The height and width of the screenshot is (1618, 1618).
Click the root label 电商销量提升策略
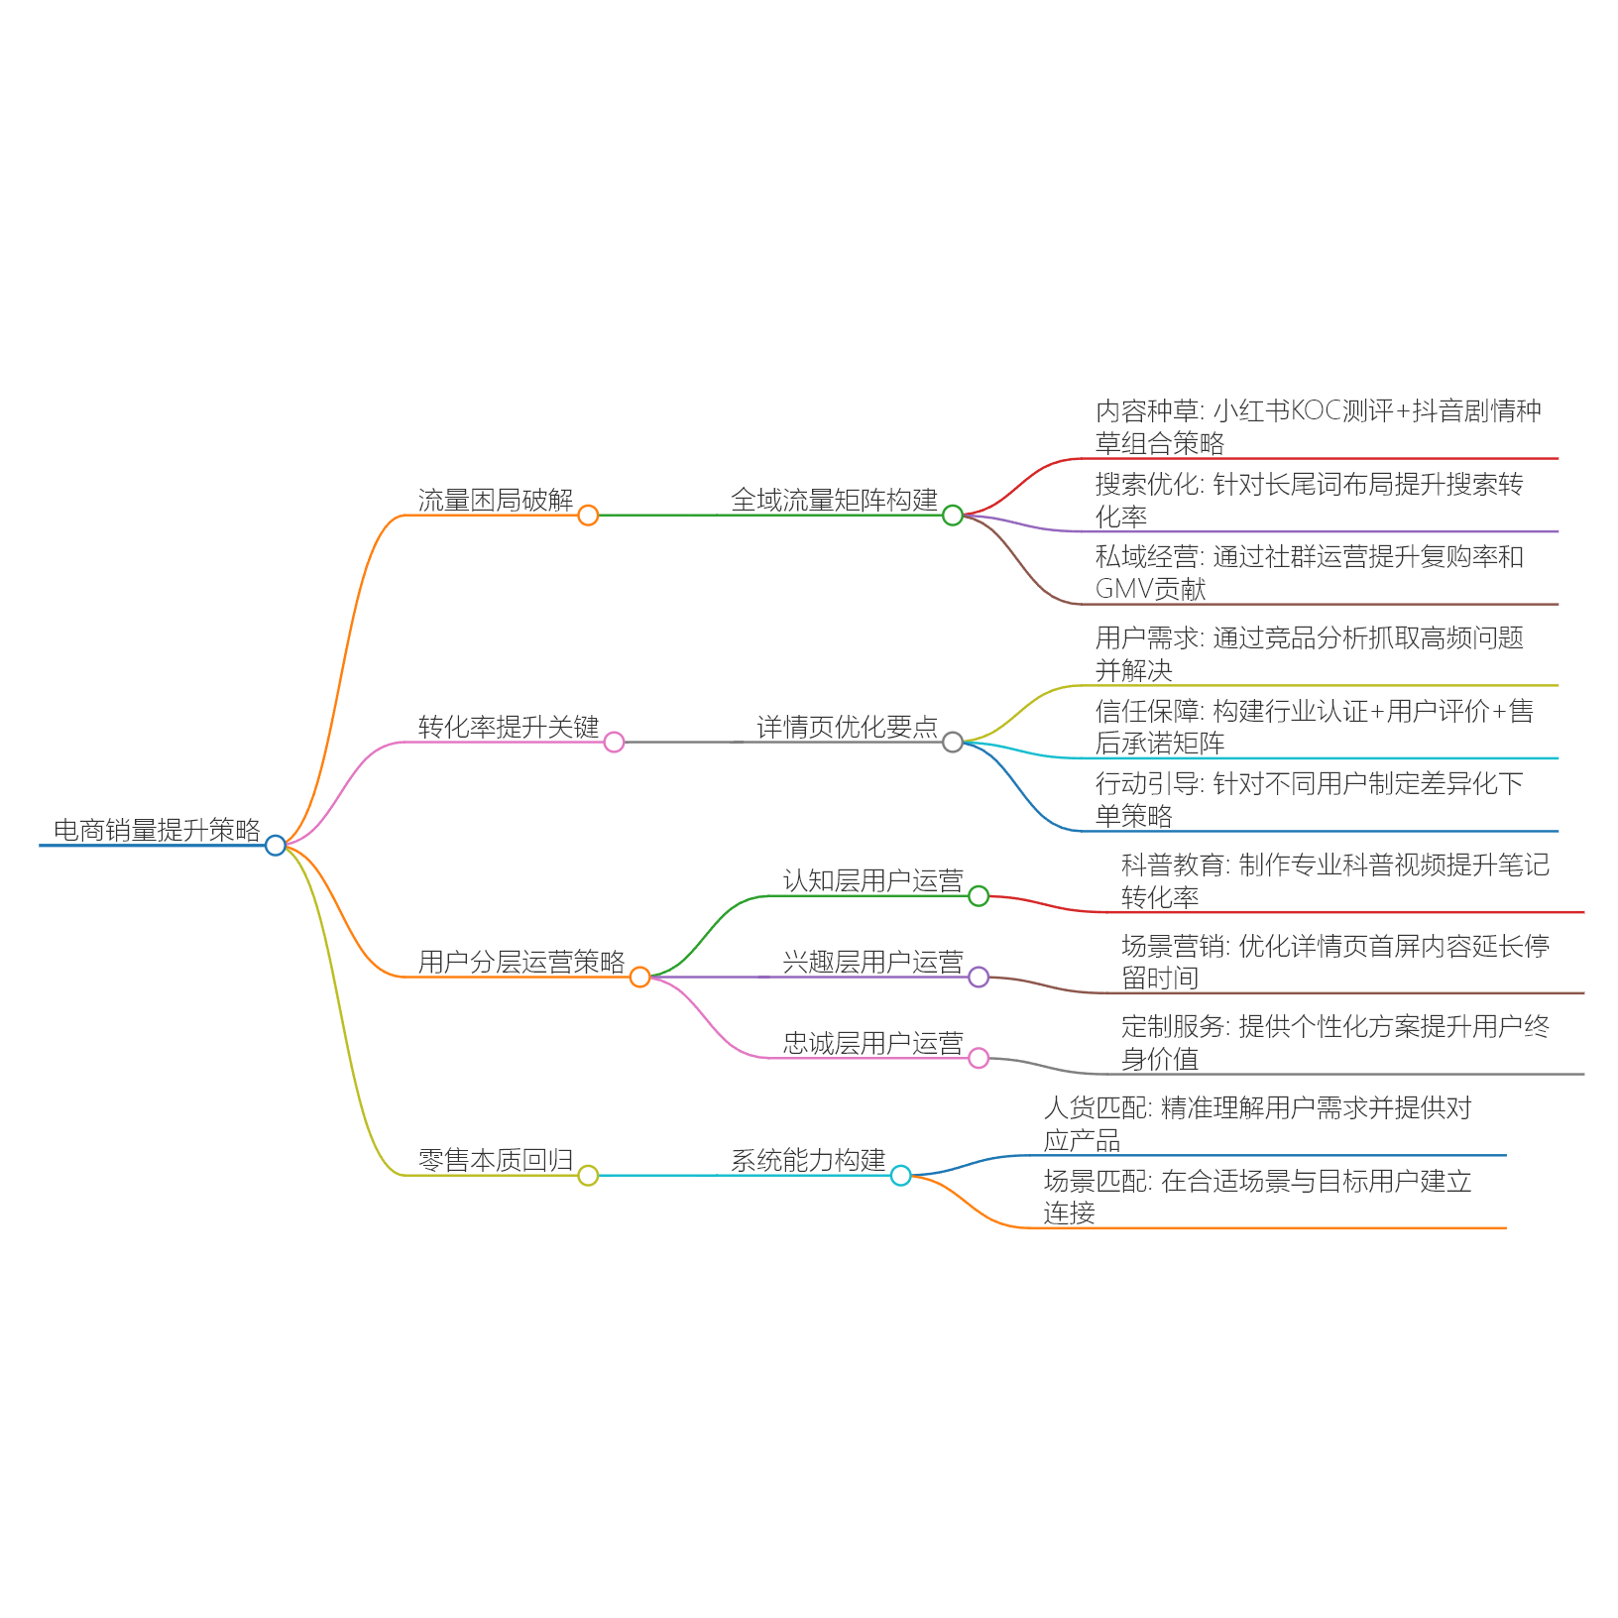(x=157, y=830)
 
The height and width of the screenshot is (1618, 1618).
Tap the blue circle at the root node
(x=276, y=845)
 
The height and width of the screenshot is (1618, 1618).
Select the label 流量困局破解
(x=496, y=500)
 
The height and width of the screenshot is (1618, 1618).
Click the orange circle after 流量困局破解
(x=588, y=515)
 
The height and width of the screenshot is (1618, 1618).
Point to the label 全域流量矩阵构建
(x=834, y=500)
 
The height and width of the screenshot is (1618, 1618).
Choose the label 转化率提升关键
(x=509, y=727)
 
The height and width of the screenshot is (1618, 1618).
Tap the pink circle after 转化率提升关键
(x=614, y=742)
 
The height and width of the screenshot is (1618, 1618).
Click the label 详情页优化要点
(x=847, y=727)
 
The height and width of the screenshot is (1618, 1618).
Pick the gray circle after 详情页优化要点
(x=953, y=742)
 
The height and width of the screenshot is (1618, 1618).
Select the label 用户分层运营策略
(x=521, y=962)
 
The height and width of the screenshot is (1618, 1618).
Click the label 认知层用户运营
(x=872, y=880)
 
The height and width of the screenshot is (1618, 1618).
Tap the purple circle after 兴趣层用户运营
(x=979, y=977)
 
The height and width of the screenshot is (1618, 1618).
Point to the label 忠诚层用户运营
(x=872, y=1043)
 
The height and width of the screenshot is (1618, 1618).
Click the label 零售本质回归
(x=496, y=1160)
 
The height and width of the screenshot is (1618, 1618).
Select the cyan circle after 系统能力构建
(x=900, y=1175)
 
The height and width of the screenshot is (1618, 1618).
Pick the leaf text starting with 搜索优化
(x=1309, y=500)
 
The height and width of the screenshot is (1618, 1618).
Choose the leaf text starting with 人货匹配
(x=1257, y=1123)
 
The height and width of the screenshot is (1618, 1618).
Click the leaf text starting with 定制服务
(x=1334, y=1042)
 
